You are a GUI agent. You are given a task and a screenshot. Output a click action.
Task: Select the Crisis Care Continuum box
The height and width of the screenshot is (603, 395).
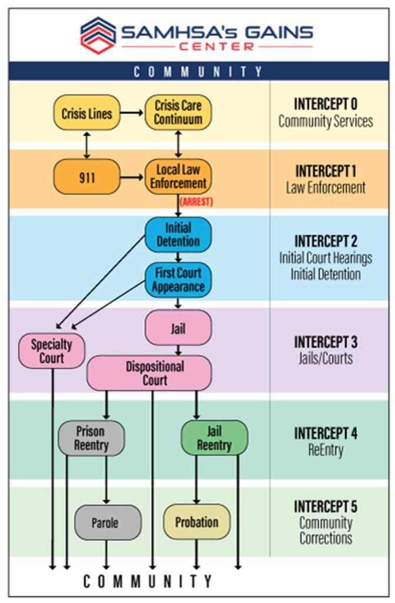coord(178,112)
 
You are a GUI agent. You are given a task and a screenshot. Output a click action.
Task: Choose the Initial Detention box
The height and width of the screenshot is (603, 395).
coord(178,234)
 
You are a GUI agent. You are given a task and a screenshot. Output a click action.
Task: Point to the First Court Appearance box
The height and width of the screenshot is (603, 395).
coord(178,280)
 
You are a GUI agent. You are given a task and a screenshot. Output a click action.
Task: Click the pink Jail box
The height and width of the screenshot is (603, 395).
coord(178,328)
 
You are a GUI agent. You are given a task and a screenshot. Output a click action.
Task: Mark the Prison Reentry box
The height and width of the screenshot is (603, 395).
coord(91,438)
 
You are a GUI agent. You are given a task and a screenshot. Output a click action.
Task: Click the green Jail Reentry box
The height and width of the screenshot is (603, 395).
coord(214,438)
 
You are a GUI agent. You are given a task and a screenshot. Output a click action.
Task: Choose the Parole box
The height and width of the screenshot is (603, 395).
coord(107,522)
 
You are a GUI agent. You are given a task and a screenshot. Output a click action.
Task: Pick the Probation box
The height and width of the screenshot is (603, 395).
coord(197,522)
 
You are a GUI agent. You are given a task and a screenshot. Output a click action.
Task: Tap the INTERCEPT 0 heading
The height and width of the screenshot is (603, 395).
coord(325,104)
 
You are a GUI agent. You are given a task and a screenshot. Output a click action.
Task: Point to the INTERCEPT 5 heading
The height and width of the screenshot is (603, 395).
coord(325,506)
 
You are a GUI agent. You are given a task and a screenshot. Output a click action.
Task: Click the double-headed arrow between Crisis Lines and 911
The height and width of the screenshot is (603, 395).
coord(87,144)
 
